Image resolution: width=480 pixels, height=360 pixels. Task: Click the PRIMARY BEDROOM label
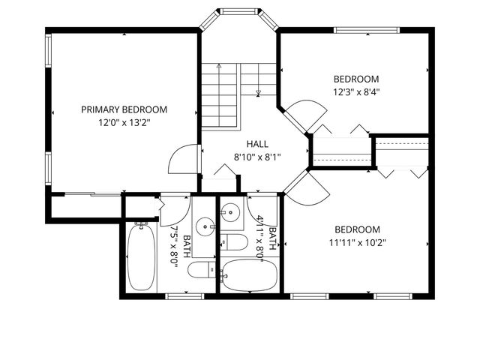coord(124,109)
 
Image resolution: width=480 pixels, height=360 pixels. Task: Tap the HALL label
coord(257,144)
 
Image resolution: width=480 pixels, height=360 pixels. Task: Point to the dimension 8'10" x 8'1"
coord(257,157)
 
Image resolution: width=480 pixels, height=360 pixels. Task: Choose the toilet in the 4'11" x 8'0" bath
coord(235,242)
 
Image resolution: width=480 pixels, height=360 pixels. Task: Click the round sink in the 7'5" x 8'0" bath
coord(205,225)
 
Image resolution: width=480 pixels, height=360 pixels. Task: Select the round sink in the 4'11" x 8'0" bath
coord(232,212)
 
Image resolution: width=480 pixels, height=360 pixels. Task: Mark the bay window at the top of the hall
coord(238,10)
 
